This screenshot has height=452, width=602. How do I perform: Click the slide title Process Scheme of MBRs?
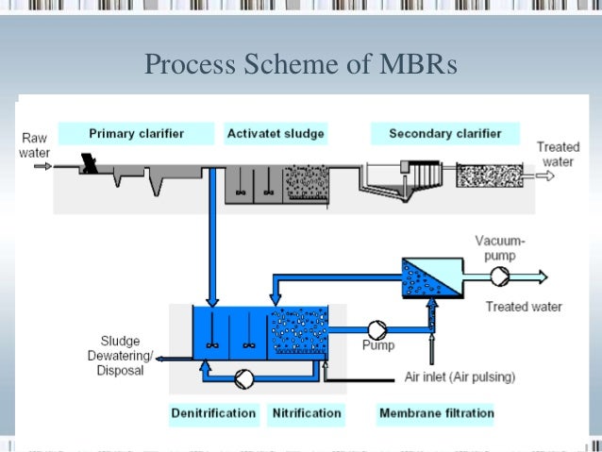coord(300,65)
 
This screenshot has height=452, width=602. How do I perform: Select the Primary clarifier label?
coord(136,133)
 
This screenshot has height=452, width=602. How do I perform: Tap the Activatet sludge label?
coord(276,133)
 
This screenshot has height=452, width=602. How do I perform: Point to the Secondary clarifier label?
coord(445,133)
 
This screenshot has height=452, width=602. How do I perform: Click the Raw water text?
coord(34,145)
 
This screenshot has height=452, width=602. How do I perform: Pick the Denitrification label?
coord(213,413)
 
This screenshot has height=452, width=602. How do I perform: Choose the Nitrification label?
coord(307,413)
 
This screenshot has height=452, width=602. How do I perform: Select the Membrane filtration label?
coord(436,413)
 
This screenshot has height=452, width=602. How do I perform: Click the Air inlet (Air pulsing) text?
coord(459,377)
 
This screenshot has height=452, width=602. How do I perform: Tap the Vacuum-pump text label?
coord(499,247)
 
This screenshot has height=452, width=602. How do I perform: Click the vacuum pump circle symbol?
coord(498,276)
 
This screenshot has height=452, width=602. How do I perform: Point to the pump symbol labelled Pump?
coord(377,329)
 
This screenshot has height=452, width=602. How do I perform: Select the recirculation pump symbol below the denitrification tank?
coord(244,377)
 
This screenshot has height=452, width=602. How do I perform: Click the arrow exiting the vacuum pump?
coord(528,276)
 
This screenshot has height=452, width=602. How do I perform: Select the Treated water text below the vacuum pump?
coord(524,306)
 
